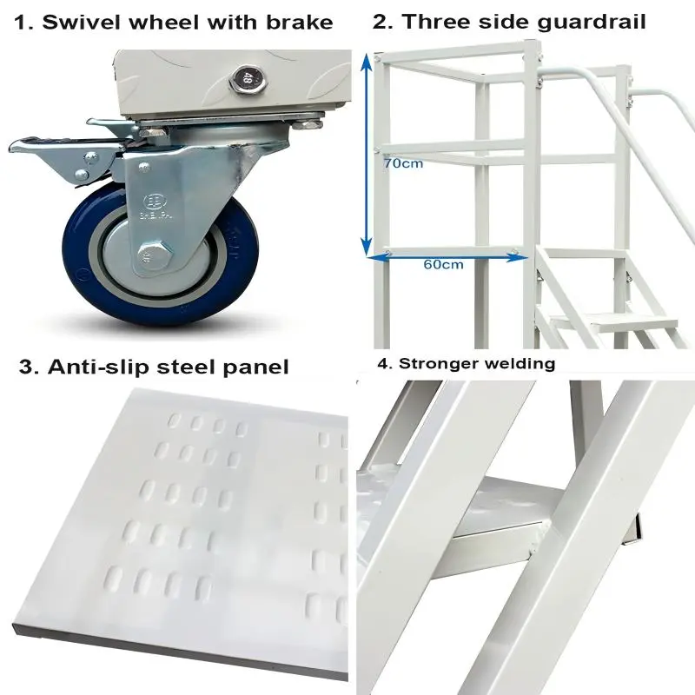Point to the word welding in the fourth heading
click(522, 363)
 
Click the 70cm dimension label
click(404, 162)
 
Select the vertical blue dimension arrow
click(369, 156)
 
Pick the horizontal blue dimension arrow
click(443, 254)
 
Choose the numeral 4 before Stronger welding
click(383, 363)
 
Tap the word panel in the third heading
click(255, 367)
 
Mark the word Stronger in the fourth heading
click(440, 363)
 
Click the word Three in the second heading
click(429, 22)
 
